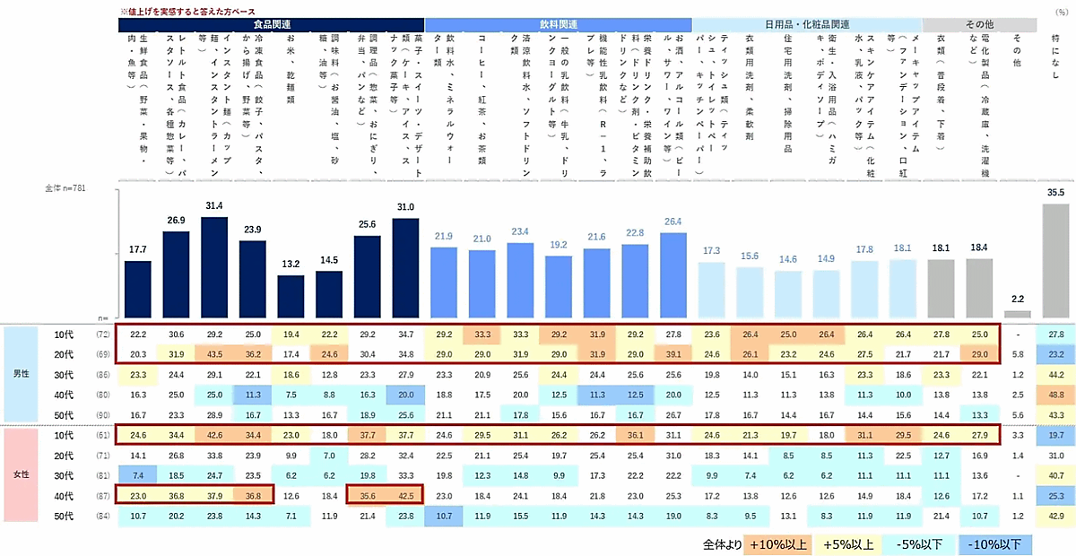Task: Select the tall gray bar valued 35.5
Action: [1055, 260]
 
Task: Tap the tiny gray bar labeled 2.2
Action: [1017, 315]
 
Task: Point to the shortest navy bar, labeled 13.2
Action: [291, 296]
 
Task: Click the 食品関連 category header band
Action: [272, 24]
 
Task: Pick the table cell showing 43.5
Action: [214, 354]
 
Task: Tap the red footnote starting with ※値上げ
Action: [184, 8]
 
